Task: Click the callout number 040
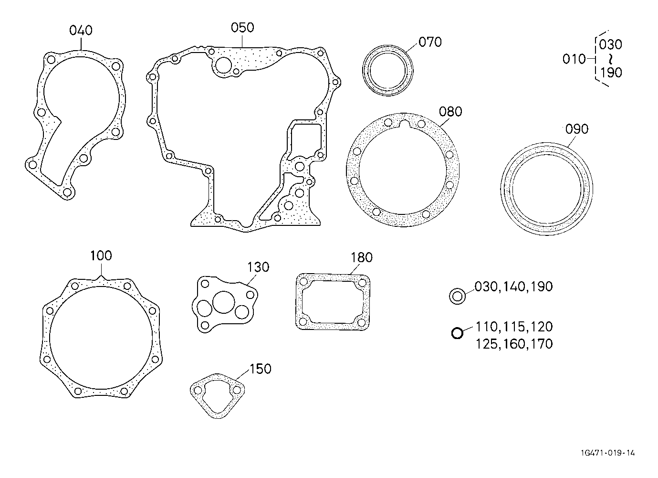tap(81, 31)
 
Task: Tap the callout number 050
tap(242, 28)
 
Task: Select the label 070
tap(430, 42)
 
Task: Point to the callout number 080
tap(450, 112)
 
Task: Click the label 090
tap(577, 129)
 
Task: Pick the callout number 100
tap(101, 256)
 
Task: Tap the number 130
tap(258, 267)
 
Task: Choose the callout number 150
tap(260, 369)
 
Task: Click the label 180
tap(361, 258)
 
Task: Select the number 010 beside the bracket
tap(574, 59)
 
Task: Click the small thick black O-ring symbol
tap(457, 333)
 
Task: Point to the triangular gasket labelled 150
tap(217, 394)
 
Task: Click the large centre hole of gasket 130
tap(222, 302)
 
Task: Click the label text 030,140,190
tap(513, 287)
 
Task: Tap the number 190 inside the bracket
tap(611, 73)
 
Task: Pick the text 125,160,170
tap(514, 344)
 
